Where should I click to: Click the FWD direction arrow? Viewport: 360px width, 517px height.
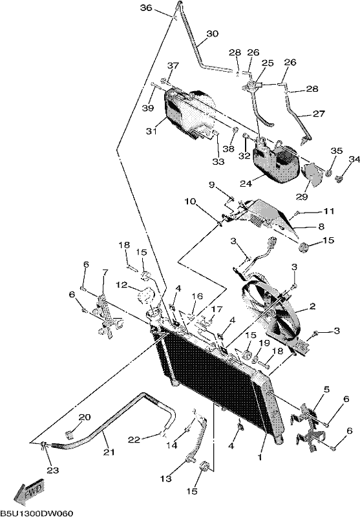[x=29, y=492]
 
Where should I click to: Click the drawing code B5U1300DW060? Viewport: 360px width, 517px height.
[x=36, y=513]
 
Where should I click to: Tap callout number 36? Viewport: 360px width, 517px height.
[x=146, y=8]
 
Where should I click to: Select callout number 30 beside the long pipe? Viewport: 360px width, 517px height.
[x=213, y=34]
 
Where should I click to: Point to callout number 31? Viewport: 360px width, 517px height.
[x=151, y=131]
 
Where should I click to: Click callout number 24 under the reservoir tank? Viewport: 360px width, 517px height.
[x=246, y=184]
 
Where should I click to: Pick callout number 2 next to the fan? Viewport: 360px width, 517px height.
[x=312, y=306]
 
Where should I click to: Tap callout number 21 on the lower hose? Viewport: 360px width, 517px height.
[x=109, y=452]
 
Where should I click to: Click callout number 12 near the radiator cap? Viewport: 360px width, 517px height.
[x=122, y=284]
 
